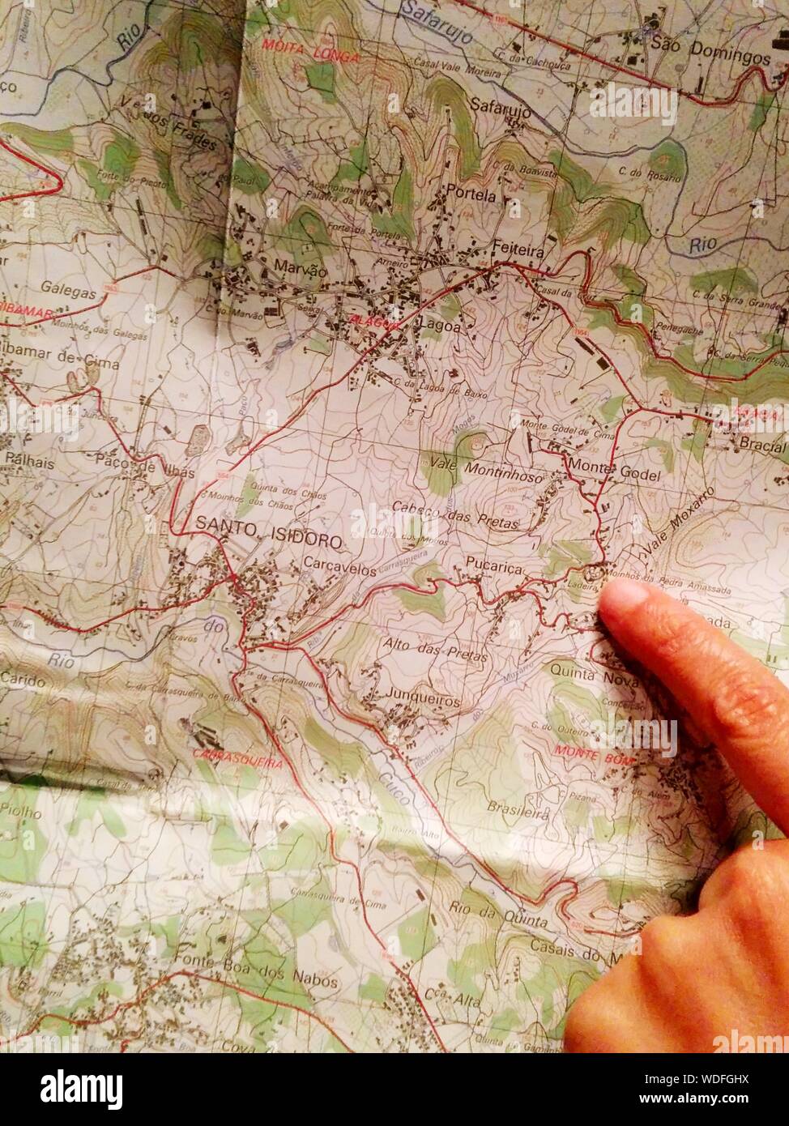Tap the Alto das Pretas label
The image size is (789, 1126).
436,650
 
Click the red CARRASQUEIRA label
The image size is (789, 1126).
238,760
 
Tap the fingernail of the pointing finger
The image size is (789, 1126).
625,597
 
